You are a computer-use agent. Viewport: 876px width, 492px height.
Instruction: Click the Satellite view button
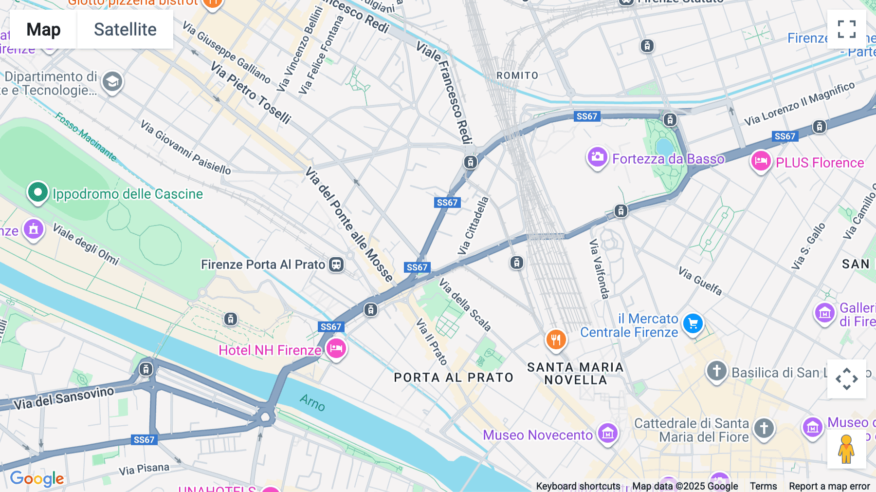coord(125,30)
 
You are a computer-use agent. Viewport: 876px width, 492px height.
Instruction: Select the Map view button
coord(43,30)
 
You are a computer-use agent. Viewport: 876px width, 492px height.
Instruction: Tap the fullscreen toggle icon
coord(846,29)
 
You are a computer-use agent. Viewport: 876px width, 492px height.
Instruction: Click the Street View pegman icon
coord(846,449)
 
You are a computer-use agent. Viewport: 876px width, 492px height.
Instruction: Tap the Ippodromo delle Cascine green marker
coord(37,192)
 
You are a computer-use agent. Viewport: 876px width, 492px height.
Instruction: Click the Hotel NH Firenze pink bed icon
coord(336,349)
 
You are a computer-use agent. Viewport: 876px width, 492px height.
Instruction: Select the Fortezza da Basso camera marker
coord(597,157)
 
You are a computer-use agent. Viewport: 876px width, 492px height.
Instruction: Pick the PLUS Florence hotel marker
coord(761,161)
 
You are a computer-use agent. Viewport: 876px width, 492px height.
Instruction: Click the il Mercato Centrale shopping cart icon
coord(693,324)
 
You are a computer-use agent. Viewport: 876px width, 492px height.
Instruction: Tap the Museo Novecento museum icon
coord(607,433)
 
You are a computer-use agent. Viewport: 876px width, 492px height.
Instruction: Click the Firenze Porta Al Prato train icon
coord(336,265)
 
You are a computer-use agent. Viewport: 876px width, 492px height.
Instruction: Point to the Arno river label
coord(312,403)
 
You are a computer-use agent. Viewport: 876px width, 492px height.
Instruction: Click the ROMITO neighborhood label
coord(517,76)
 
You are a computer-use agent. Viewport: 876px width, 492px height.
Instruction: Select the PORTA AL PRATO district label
coord(454,378)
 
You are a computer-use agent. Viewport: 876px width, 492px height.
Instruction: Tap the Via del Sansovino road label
coord(64,398)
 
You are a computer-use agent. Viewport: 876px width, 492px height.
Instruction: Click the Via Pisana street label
coord(144,469)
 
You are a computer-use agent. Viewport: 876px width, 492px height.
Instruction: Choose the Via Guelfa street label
coord(700,281)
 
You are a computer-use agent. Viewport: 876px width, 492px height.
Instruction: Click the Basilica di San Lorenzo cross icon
coord(716,371)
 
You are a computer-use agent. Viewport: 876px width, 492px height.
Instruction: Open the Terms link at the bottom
coord(763,486)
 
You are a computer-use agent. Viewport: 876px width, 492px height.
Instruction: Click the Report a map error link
coord(829,486)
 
